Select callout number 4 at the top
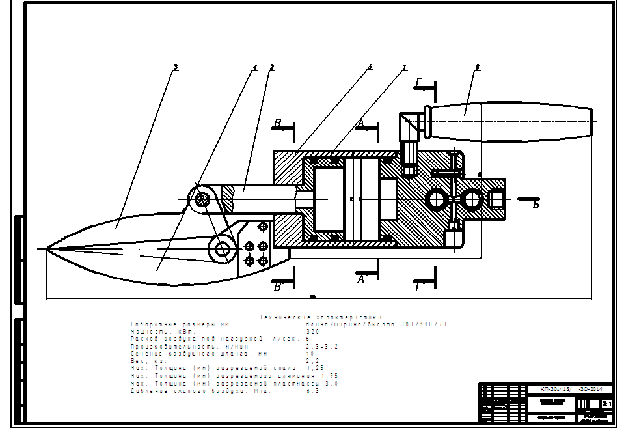tap(255, 67)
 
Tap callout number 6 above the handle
tap(478, 67)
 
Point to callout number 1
tap(404, 67)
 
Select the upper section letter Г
tap(419, 82)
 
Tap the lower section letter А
tap(360, 278)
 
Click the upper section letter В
tap(277, 122)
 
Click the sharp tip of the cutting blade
tap(47, 248)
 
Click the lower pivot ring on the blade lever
tap(223, 248)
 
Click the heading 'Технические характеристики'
tap(322, 317)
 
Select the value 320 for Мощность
tap(313, 331)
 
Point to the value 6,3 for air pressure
tap(312, 391)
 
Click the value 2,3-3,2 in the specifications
tap(321, 346)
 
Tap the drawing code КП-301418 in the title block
tap(556, 388)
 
